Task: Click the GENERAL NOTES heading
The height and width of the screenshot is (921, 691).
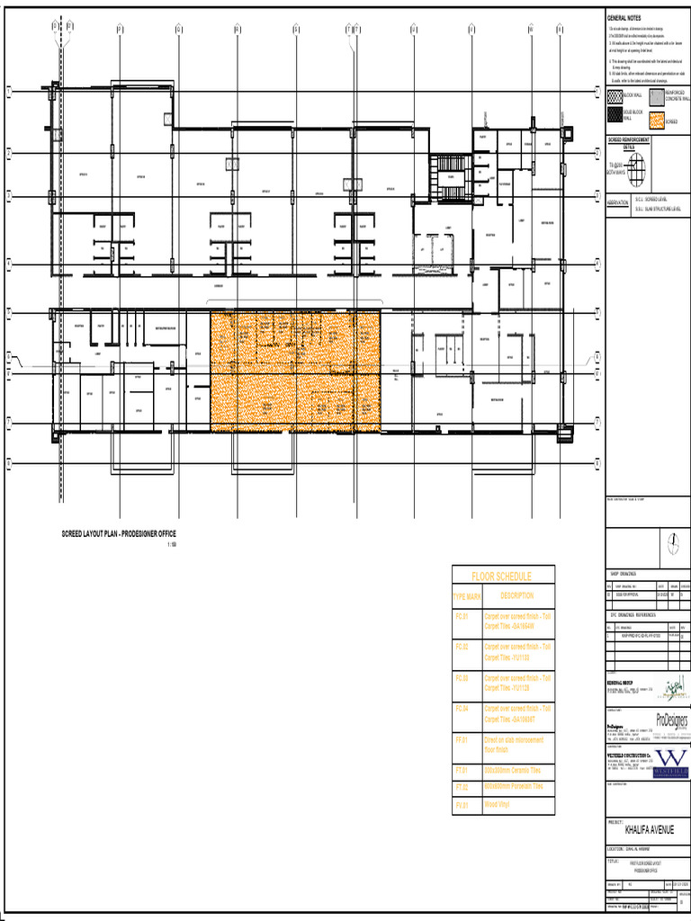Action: [x=624, y=18]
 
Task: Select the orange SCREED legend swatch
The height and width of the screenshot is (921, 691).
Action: [x=656, y=120]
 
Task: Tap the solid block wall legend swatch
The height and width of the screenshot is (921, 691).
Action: [x=615, y=114]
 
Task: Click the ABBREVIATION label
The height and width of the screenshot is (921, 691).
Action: [x=617, y=202]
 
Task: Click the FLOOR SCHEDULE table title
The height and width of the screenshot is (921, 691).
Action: [x=502, y=576]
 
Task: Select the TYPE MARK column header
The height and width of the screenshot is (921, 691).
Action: [x=467, y=596]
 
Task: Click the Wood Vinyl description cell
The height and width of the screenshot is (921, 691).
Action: [x=498, y=805]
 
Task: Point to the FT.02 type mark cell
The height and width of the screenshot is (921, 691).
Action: [x=462, y=788]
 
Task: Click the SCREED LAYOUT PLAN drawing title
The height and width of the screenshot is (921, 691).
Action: [x=125, y=535]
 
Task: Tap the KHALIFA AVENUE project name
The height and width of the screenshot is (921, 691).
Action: [x=648, y=829]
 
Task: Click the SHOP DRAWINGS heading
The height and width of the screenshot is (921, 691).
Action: [x=624, y=573]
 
